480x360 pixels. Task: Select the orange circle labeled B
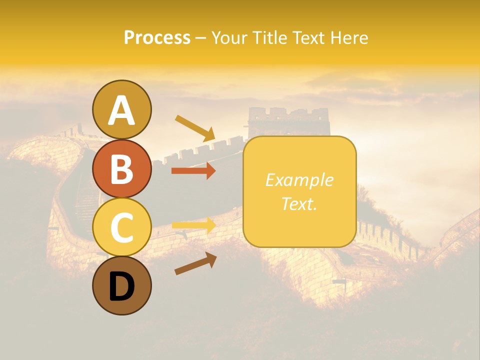click(122, 168)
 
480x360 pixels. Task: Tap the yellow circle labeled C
click(122, 227)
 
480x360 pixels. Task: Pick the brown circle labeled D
click(122, 285)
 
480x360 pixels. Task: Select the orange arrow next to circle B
click(193, 171)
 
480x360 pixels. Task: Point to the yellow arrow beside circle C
click(193, 225)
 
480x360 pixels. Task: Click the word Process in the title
click(157, 37)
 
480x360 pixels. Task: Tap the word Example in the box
click(299, 180)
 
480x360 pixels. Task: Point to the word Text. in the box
click(299, 203)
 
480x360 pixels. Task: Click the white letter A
click(122, 110)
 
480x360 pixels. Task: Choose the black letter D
click(122, 286)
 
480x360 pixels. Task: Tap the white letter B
click(122, 169)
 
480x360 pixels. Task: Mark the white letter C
click(122, 227)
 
